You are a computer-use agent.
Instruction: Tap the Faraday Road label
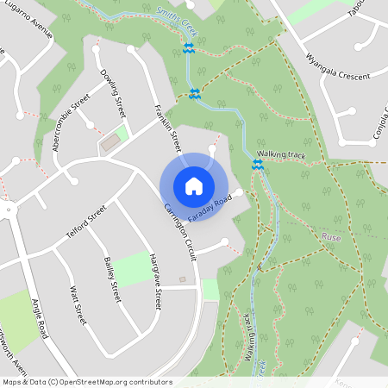(x=210, y=209)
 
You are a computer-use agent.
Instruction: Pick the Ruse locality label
(x=331, y=236)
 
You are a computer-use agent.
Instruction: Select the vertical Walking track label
(x=247, y=337)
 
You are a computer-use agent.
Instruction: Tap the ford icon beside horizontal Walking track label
(x=257, y=164)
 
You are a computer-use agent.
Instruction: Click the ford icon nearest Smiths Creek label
(x=188, y=47)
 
